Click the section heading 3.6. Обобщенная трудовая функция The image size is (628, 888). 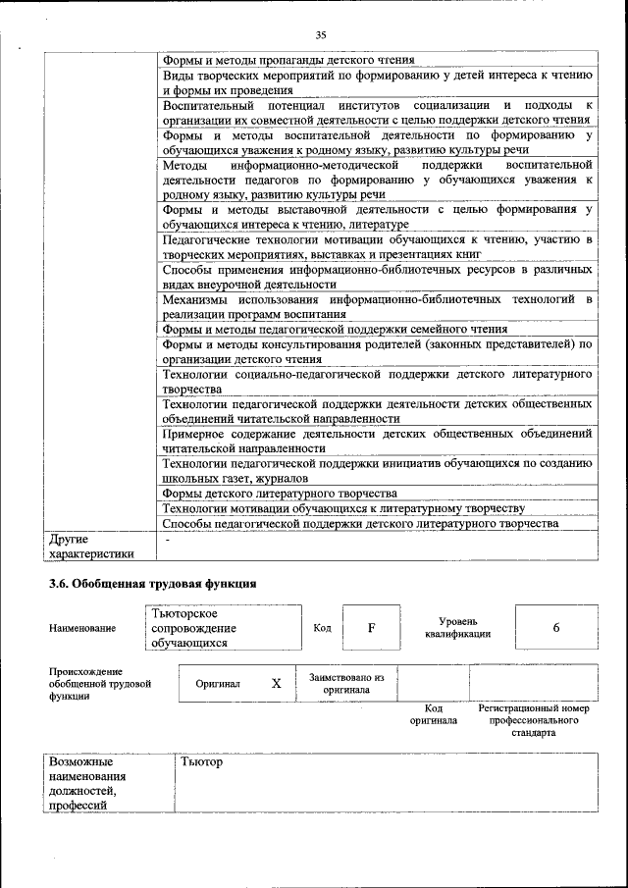pyautogui.click(x=153, y=583)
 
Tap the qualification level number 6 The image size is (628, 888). pyautogui.click(x=556, y=628)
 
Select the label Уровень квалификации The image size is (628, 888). pyautogui.click(x=458, y=628)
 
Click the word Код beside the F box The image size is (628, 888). pyautogui.click(x=322, y=628)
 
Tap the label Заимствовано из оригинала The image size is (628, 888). pyautogui.click(x=346, y=683)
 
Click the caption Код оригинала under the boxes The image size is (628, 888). pyautogui.click(x=434, y=714)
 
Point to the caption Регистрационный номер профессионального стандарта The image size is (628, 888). pyautogui.click(x=533, y=720)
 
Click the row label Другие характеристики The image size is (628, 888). pyautogui.click(x=91, y=547)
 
